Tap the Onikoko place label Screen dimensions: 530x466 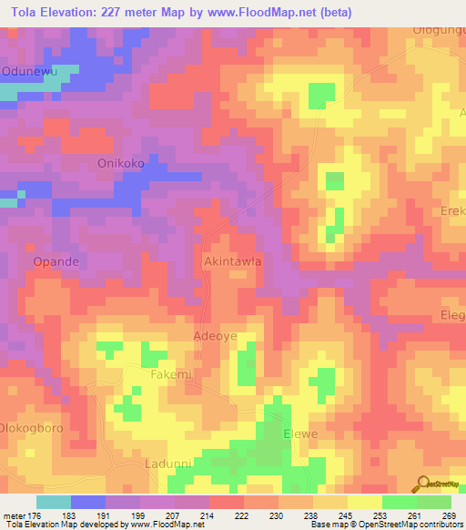click(x=121, y=164)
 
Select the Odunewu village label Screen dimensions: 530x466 click(x=30, y=70)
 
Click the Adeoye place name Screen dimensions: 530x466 click(x=216, y=336)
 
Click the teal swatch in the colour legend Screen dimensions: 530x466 click(x=54, y=502)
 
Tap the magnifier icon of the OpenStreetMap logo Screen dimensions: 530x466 click(x=424, y=484)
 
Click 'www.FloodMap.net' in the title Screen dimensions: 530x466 click(x=279, y=12)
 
